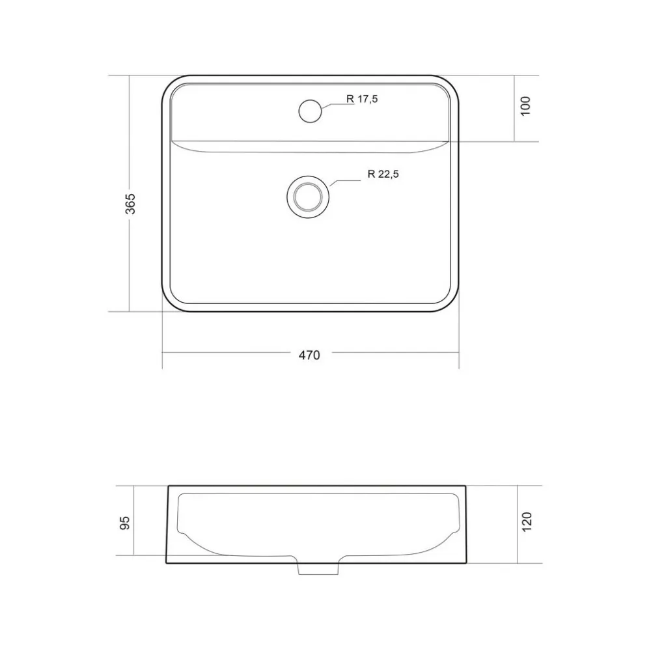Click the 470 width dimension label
point(309,355)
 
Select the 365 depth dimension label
point(130,203)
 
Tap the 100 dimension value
point(525,106)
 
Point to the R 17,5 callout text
point(362,99)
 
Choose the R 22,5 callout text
point(383,174)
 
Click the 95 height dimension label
point(124,523)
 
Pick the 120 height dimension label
point(527,522)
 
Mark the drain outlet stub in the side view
point(318,569)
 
